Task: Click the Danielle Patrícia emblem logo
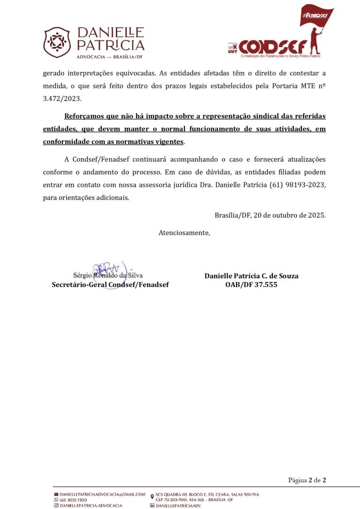pyautogui.click(x=57, y=42)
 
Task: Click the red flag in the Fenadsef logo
pyautogui.click(x=317, y=16)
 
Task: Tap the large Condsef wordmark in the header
pyautogui.click(x=273, y=47)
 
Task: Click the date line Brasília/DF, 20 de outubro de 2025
pyautogui.click(x=270, y=215)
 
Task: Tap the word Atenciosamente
pyautogui.click(x=184, y=233)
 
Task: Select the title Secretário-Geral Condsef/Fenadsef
pyautogui.click(x=110, y=284)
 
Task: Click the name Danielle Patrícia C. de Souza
pyautogui.click(x=251, y=276)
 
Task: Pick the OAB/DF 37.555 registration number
pyautogui.click(x=251, y=284)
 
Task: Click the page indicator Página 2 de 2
pyautogui.click(x=307, y=480)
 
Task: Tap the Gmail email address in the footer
pyautogui.click(x=102, y=494)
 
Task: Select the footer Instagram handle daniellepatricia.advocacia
pyautogui.click(x=91, y=505)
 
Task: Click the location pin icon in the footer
pyautogui.click(x=152, y=497)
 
